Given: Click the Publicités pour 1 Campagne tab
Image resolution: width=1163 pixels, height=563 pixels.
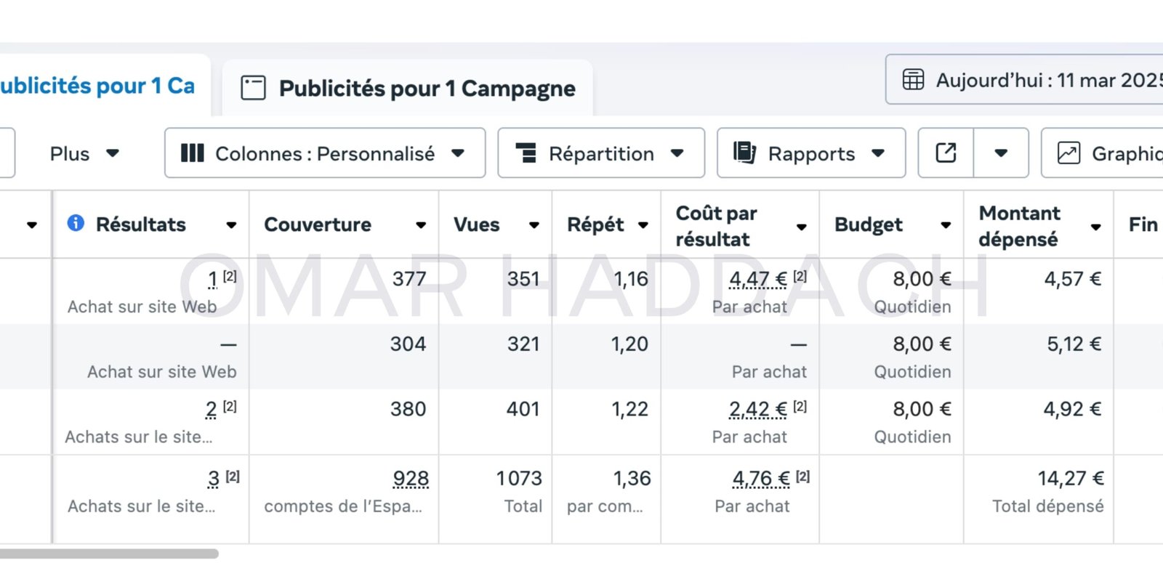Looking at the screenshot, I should click(x=409, y=89).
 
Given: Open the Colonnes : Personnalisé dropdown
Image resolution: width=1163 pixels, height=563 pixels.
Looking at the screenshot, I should click(x=325, y=153).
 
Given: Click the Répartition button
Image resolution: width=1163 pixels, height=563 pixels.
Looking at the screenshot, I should click(x=600, y=153).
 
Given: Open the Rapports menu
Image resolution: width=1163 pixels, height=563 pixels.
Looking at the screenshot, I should click(x=810, y=153).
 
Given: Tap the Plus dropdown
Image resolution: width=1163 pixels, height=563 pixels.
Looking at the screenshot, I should click(x=84, y=153).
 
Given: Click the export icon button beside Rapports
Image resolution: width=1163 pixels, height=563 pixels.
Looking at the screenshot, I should click(x=946, y=153).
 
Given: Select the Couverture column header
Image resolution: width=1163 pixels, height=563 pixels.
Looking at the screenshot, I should click(x=318, y=224).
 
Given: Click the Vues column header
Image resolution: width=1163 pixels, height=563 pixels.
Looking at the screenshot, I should click(x=477, y=224).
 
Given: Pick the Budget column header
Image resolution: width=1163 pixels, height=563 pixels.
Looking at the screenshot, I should click(x=869, y=225).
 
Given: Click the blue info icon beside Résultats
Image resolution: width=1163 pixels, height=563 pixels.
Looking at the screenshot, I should click(x=76, y=223).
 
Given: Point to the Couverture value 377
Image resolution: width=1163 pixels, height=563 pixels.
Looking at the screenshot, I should click(x=409, y=279).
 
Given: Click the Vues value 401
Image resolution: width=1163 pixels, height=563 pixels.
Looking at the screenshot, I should click(x=523, y=409).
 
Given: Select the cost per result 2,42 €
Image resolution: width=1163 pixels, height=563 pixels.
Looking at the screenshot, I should click(x=758, y=409).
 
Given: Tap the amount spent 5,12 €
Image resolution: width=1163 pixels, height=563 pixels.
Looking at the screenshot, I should click(x=1074, y=344).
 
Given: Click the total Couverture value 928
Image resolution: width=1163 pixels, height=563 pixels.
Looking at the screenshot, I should click(x=411, y=479).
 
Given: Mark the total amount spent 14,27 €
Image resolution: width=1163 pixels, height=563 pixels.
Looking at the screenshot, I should click(x=1070, y=478).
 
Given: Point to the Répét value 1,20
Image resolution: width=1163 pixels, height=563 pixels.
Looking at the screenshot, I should click(x=629, y=344).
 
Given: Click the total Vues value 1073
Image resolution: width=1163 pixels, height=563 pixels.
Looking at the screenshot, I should click(x=519, y=478).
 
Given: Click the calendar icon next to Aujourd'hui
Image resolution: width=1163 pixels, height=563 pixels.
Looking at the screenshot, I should click(x=913, y=79).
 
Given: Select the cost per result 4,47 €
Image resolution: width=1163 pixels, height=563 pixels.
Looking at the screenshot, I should click(x=758, y=279).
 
